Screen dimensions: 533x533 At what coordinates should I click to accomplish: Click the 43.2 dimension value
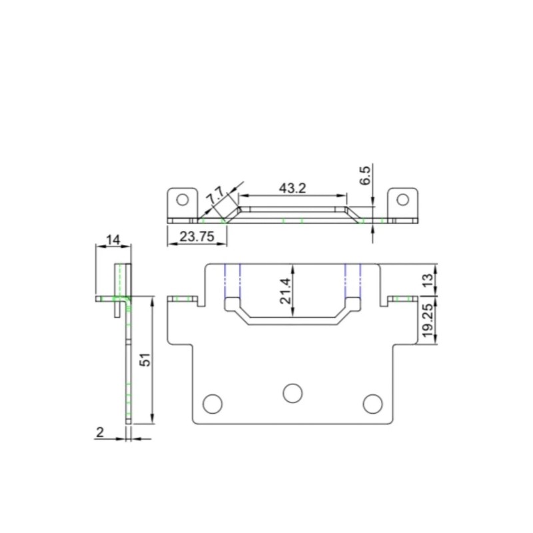click(x=292, y=188)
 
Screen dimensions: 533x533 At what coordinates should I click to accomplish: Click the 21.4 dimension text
click(x=286, y=291)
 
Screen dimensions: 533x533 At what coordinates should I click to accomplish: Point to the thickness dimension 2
click(x=100, y=432)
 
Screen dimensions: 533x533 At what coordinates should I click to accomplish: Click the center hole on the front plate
click(x=292, y=393)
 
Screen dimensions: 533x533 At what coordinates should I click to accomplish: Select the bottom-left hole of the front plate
click(x=212, y=403)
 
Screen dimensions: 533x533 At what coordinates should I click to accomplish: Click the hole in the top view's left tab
click(x=182, y=199)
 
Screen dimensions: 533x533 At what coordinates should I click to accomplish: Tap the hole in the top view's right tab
click(x=403, y=199)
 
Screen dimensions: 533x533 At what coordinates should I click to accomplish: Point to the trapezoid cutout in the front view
click(x=293, y=313)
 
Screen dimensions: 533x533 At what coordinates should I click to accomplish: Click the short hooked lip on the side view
click(x=119, y=308)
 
